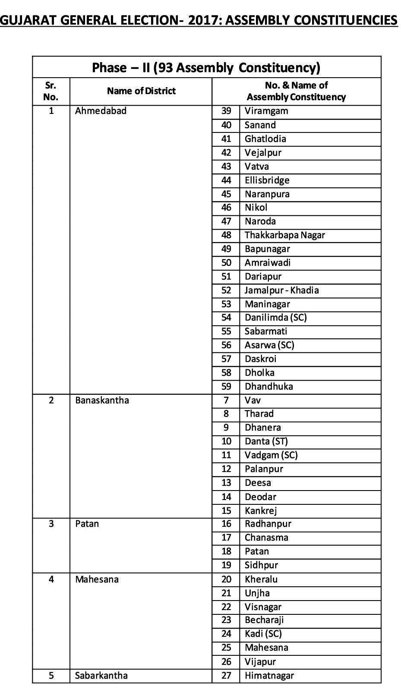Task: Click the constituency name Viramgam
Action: pos(266,111)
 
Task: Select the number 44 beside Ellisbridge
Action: pos(226,180)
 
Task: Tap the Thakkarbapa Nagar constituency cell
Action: pos(284,235)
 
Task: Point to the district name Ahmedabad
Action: pos(101,111)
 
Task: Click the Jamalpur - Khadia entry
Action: pos(281,290)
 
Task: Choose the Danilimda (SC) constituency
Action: pos(275,318)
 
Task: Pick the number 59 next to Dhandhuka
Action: pos(226,387)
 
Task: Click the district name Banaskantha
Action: pos(102,400)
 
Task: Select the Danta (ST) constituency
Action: pos(266,441)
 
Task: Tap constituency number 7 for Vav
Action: pos(226,400)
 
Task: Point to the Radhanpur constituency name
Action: pos(268,524)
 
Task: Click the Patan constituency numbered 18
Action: pos(256,551)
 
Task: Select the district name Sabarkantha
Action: pos(101,676)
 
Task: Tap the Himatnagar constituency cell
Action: pos(269,676)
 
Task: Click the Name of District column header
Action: pos(141,91)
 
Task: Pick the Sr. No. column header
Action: pos(51,91)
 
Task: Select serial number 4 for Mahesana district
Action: pos(51,579)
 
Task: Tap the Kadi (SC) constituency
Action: pos(263,634)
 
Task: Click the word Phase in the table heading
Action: pos(110,68)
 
